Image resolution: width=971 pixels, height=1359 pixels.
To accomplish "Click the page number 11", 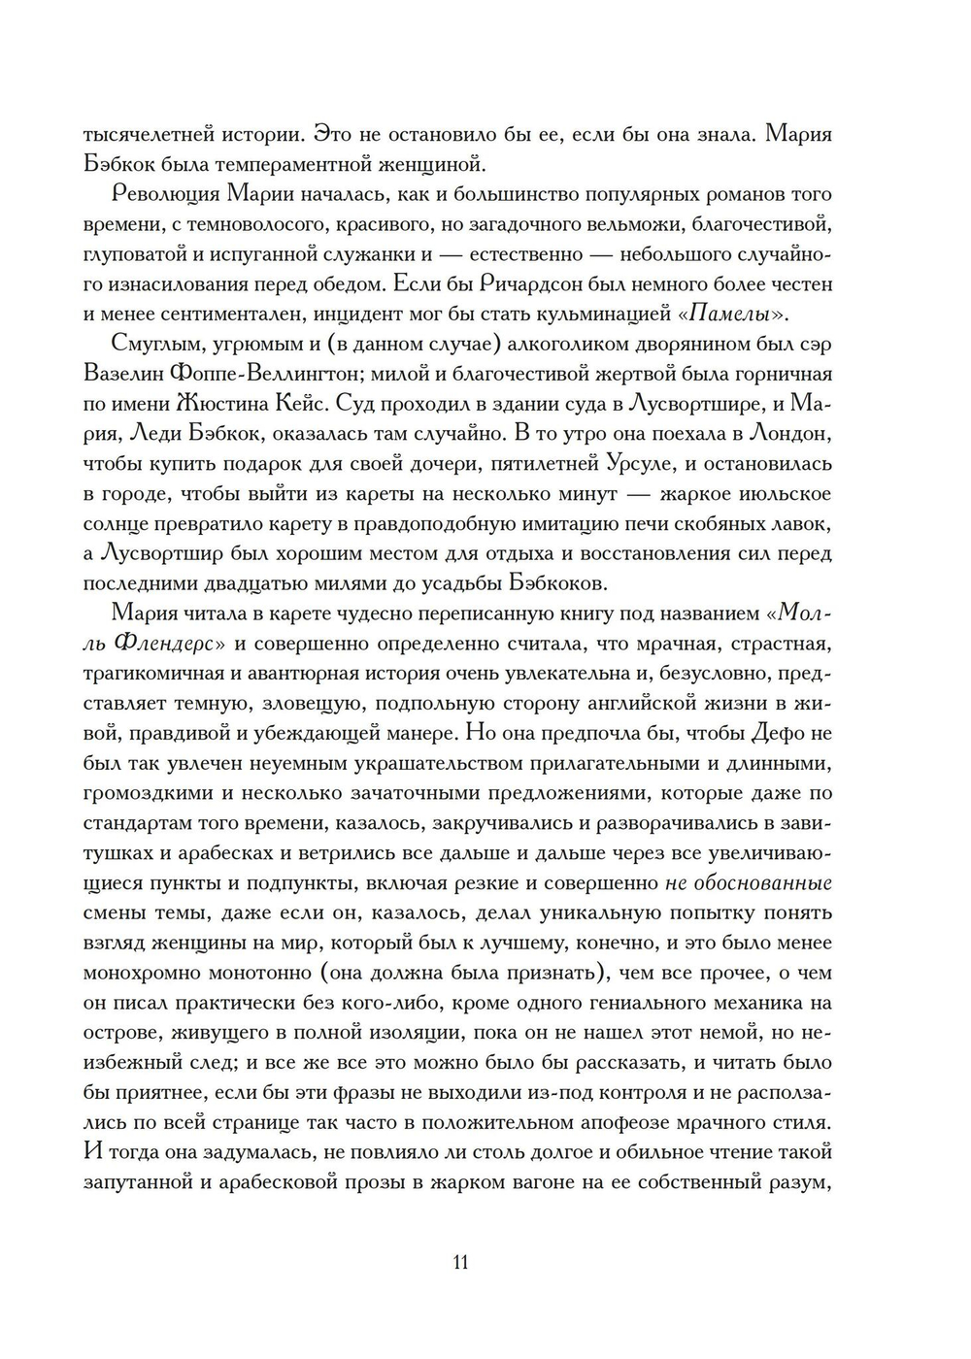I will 460,1263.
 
